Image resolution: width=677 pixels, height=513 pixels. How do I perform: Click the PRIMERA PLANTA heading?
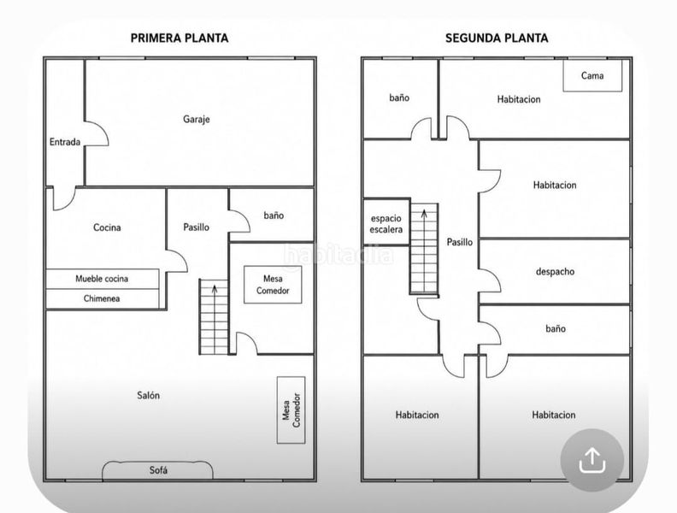(180, 38)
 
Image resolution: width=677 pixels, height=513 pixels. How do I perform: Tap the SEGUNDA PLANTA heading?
(497, 38)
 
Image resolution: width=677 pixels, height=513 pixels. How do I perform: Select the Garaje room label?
(197, 119)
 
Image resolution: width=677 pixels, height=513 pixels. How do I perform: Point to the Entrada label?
(65, 142)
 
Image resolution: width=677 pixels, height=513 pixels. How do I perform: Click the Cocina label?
(107, 227)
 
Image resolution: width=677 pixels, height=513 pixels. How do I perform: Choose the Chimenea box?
(103, 298)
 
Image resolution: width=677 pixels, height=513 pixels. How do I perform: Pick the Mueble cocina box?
(103, 279)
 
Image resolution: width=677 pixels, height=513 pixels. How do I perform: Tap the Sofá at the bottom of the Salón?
(157, 470)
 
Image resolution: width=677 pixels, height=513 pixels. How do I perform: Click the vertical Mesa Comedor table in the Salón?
(291, 410)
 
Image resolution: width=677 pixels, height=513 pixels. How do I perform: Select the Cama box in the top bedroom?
(592, 75)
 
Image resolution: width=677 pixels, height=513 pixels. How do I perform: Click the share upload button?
(592, 460)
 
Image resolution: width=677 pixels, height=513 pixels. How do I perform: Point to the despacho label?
(555, 272)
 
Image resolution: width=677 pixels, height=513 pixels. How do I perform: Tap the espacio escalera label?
(386, 224)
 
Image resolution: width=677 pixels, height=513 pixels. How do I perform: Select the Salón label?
(148, 395)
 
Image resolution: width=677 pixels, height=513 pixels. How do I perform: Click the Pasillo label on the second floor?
(459, 242)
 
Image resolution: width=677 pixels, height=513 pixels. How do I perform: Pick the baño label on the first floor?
(274, 215)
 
